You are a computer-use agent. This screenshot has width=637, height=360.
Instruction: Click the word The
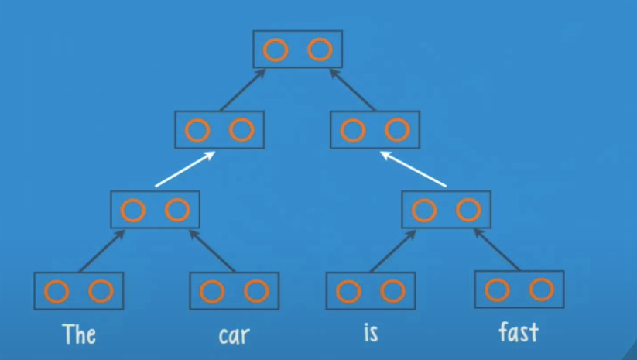80,334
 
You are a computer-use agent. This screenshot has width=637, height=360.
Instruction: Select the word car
234,335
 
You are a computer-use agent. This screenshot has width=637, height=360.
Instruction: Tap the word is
371,334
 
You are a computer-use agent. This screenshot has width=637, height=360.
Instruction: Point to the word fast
519,334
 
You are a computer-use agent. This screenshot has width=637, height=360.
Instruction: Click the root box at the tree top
298,50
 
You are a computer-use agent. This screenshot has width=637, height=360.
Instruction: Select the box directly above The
79,291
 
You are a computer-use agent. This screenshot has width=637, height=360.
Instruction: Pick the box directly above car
234,291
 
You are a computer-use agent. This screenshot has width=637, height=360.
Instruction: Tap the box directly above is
371,291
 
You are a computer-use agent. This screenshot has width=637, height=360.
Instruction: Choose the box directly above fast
519,290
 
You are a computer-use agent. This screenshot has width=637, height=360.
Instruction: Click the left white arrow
184,169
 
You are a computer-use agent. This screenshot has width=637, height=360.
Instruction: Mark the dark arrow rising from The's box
101,251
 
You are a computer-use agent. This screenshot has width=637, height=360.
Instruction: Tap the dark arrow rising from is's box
392,251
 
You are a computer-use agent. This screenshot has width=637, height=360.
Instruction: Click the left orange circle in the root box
276,50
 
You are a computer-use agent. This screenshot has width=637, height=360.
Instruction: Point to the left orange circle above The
57,291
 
